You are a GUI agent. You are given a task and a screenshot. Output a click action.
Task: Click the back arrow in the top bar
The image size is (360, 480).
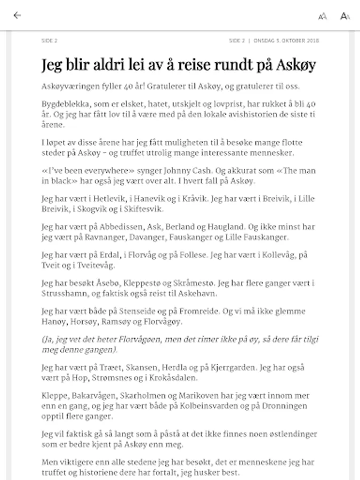coord(17,15)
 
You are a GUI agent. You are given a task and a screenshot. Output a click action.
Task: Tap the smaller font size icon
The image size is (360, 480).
coord(322,17)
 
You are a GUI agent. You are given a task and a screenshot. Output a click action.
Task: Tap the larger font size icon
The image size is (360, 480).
coord(345,16)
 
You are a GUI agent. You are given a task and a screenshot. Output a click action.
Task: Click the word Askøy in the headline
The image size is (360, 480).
coord(297,65)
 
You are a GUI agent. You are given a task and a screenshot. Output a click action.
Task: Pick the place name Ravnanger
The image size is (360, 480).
coord(98,237)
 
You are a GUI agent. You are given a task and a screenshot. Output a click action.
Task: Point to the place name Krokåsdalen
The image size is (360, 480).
coord(167,378)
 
